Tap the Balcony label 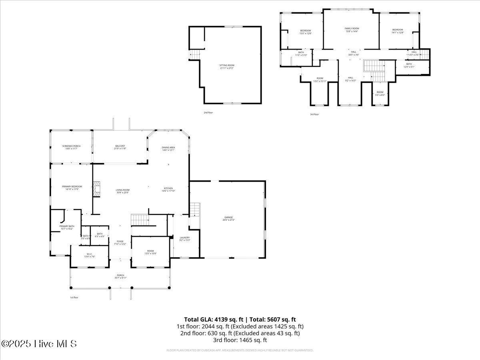coord(120,147)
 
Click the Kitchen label coord(168,189)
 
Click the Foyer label coord(120,242)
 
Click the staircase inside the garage coord(194,210)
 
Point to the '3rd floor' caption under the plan coord(314,114)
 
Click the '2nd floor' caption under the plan coord(208,113)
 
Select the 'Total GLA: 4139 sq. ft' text coord(214,319)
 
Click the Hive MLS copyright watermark coord(39,344)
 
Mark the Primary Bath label coord(67,227)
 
